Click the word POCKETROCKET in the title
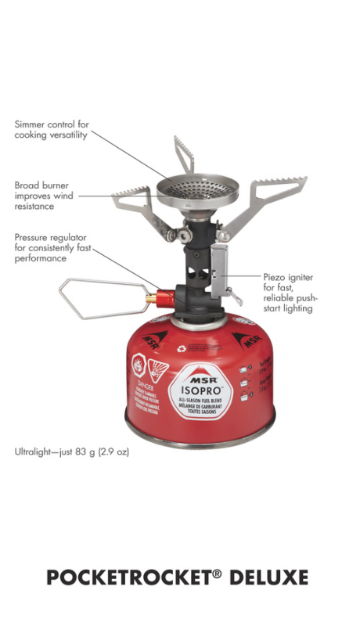point(128,577)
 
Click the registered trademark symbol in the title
point(217,573)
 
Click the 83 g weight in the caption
point(82,452)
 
